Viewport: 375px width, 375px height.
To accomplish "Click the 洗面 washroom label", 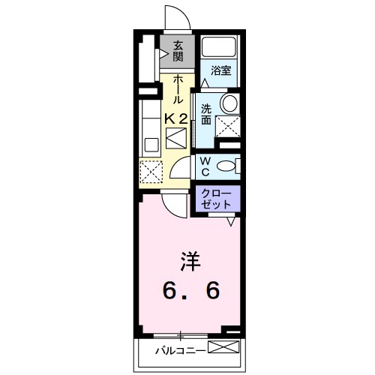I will point(205,113).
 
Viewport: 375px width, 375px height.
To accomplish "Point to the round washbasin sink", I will point(229,103).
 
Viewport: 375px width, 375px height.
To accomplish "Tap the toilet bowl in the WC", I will point(233,166).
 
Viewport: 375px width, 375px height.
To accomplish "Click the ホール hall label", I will point(178,88).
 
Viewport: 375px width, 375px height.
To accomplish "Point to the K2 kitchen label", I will point(176,118).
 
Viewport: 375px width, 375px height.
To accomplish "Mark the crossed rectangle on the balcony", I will point(224,348).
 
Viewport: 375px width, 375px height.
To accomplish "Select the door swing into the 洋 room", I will point(175,201).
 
